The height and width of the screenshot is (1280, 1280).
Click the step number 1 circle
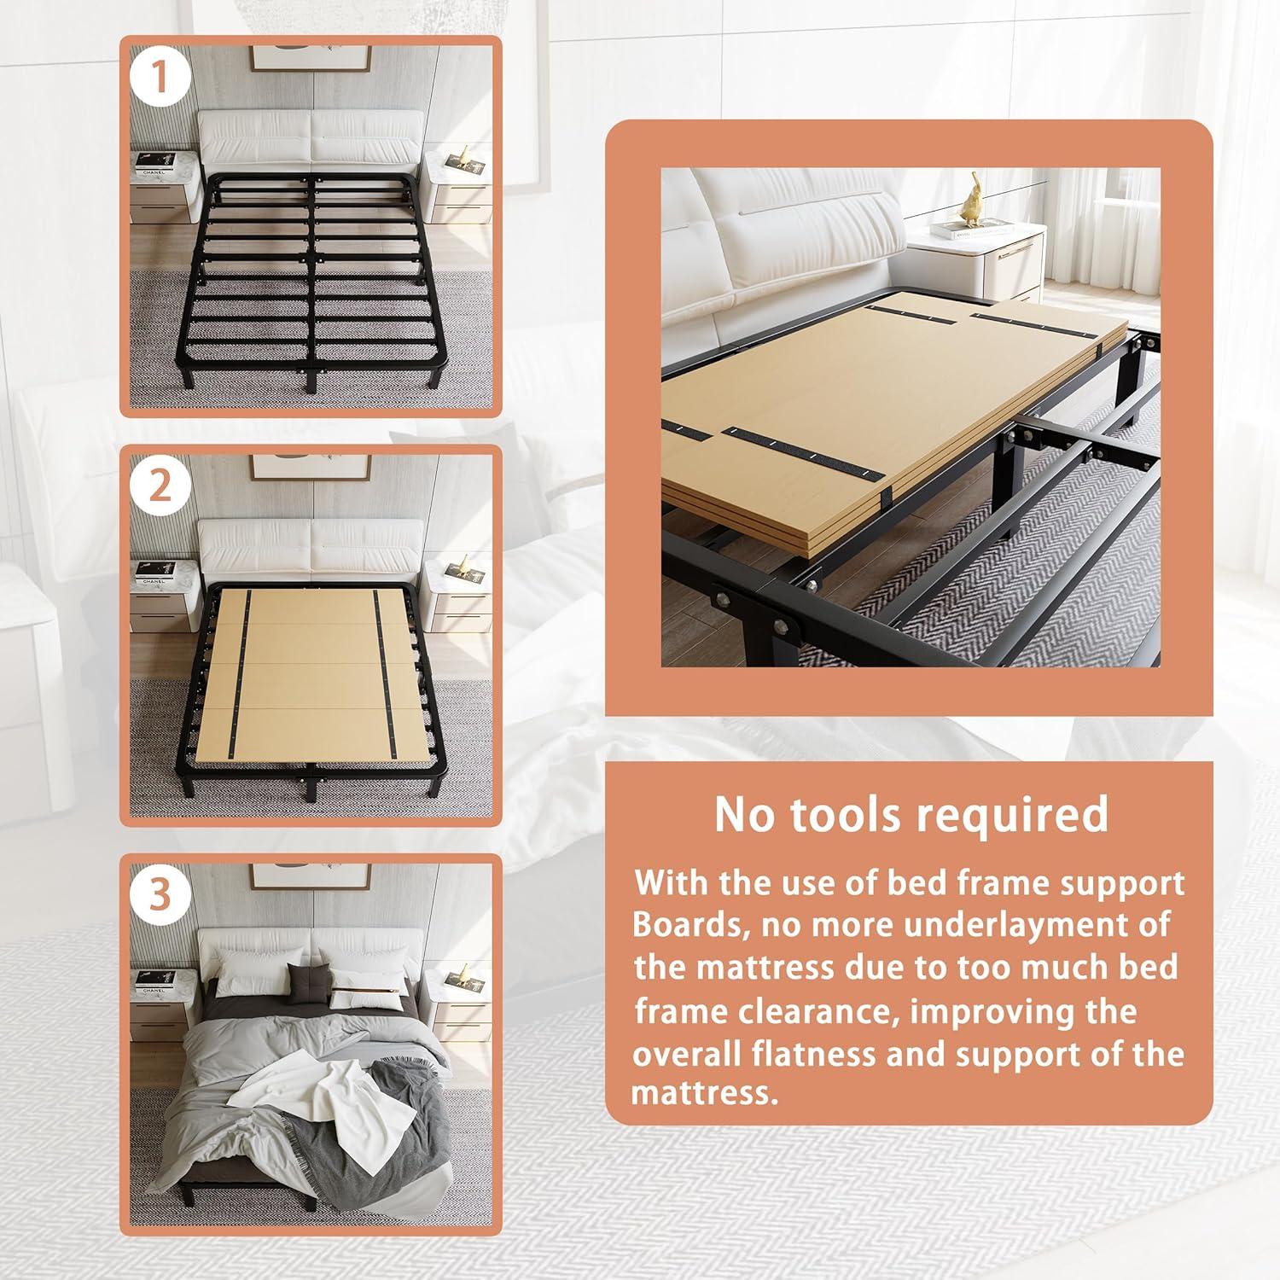tap(160, 78)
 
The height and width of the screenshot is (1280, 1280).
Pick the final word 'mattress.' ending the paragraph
tap(704, 1094)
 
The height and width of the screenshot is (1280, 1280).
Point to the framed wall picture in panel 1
tap(311, 57)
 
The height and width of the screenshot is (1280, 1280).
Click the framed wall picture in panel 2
tap(311, 468)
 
